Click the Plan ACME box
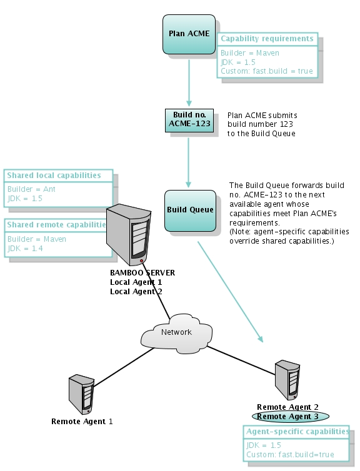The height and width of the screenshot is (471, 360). (x=189, y=34)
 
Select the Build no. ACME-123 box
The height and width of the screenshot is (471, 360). (x=189, y=121)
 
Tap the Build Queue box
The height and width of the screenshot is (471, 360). (x=190, y=211)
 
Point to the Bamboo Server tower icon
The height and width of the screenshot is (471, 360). (x=129, y=235)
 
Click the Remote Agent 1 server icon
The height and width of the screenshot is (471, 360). (x=81, y=394)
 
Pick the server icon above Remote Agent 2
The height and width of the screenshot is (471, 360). (x=287, y=380)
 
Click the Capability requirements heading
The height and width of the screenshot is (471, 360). (x=267, y=39)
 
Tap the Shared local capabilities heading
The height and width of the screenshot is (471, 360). (x=54, y=176)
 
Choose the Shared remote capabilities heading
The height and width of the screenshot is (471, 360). (x=56, y=225)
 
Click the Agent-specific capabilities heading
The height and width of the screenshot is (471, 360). (x=297, y=432)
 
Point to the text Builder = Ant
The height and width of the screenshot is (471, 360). (x=31, y=189)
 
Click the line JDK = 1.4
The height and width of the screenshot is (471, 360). (x=25, y=249)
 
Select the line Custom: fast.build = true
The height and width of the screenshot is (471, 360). (x=267, y=71)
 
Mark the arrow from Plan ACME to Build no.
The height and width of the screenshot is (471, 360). (x=189, y=83)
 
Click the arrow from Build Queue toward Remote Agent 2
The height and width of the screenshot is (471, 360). (x=230, y=292)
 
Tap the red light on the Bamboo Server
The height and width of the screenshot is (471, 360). (x=141, y=261)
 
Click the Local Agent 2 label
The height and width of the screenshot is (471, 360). (x=136, y=291)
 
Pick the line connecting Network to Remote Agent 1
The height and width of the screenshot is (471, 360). (x=123, y=367)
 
